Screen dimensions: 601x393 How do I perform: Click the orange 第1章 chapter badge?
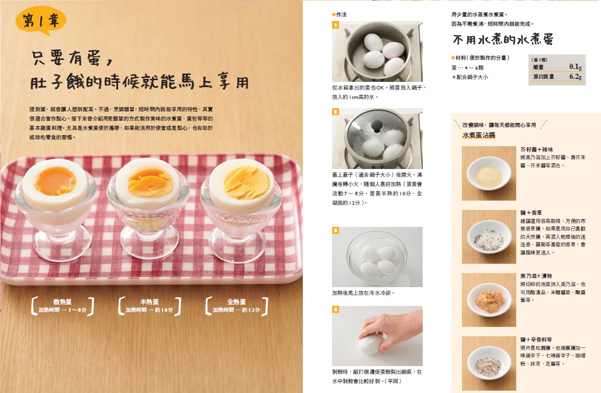(x=41, y=20)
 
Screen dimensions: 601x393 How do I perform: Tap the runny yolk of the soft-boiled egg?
(x=55, y=181)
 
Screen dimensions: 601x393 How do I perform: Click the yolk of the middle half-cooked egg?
(x=150, y=182)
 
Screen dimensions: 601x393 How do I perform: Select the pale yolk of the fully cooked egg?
(x=242, y=182)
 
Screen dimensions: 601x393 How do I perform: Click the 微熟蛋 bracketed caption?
(x=63, y=306)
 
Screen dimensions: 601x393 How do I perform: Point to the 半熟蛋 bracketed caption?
(x=150, y=306)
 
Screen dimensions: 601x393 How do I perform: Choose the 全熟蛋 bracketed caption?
(x=237, y=306)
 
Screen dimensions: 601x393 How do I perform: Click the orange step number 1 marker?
(x=336, y=25)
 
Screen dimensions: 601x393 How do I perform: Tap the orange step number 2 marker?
(x=336, y=112)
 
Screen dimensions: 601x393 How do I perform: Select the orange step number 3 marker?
(x=336, y=230)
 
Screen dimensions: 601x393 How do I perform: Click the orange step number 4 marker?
(x=336, y=309)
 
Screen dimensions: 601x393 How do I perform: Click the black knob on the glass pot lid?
(x=377, y=125)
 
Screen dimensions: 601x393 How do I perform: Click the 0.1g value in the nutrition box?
(x=575, y=67)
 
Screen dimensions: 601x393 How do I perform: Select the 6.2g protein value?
(x=575, y=76)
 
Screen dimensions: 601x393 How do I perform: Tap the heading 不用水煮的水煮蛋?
(x=503, y=40)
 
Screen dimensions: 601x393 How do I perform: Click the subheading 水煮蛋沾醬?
(x=479, y=135)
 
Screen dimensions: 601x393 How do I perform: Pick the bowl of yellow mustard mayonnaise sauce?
(x=489, y=174)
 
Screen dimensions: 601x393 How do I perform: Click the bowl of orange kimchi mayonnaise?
(x=489, y=299)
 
